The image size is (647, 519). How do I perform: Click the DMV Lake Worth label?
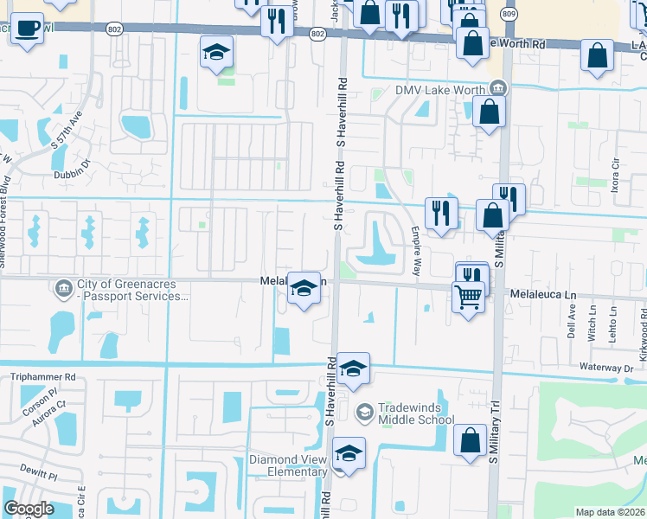(441, 89)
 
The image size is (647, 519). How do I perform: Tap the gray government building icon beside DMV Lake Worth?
(497, 88)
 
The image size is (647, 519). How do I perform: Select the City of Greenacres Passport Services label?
(131, 290)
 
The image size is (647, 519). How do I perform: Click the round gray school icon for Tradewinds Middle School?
(364, 410)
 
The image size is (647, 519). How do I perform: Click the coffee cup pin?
(28, 27)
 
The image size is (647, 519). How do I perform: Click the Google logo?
(29, 509)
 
